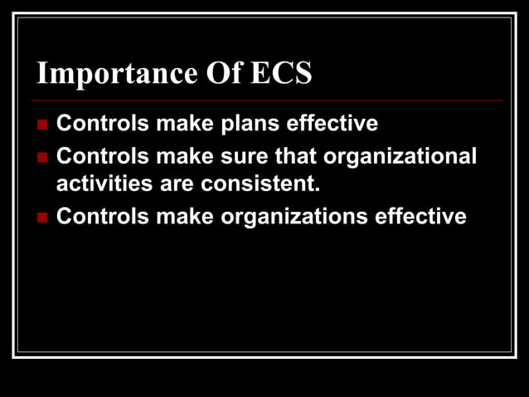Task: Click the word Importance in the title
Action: [x=111, y=75]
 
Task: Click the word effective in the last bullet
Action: [x=420, y=217]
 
